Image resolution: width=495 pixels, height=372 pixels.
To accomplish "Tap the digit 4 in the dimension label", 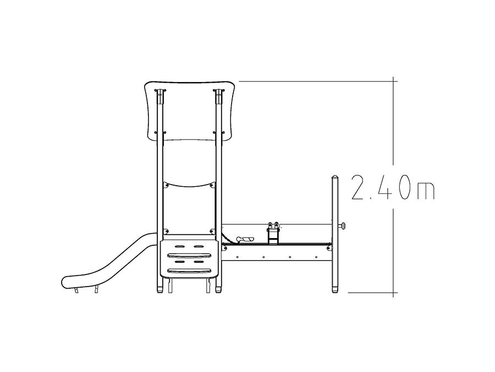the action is [385, 187].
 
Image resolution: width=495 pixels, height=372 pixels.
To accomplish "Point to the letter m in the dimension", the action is [426, 191].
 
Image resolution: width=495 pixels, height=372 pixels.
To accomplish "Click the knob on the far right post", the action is [342, 225].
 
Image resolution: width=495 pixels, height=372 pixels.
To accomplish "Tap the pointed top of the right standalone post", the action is [335, 176].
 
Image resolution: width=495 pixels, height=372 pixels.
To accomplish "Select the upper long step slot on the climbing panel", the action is [189, 255].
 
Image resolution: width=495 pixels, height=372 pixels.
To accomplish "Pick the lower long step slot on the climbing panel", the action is [189, 271].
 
